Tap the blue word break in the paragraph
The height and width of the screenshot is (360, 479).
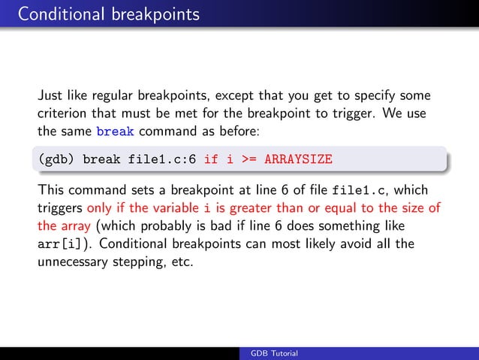[x=116, y=132]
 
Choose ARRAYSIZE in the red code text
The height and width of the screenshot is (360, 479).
[x=297, y=160]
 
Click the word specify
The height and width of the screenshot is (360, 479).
[x=380, y=95]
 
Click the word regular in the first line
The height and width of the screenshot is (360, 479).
[x=107, y=95]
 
